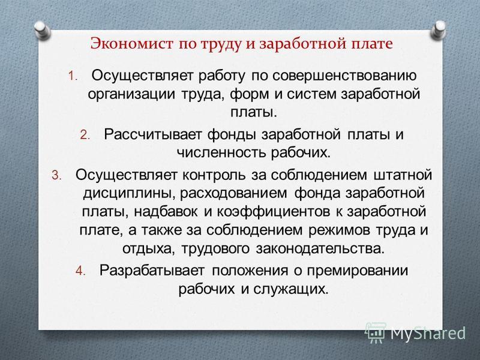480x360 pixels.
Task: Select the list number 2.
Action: point(85,135)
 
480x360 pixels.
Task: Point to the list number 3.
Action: point(56,175)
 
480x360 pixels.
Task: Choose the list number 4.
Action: point(80,271)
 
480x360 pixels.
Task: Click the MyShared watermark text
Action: point(428,334)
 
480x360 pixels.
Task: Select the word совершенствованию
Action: point(344,76)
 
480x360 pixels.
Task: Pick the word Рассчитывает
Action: point(152,135)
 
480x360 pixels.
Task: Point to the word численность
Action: point(222,153)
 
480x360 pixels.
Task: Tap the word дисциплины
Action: point(129,194)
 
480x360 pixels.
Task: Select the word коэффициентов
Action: point(274,212)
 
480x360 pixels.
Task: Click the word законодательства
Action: point(320,248)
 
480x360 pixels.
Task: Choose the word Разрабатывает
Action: point(152,271)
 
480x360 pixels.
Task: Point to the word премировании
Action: point(358,271)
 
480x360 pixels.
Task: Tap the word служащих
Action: point(291,289)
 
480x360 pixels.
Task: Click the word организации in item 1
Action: point(131,94)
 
